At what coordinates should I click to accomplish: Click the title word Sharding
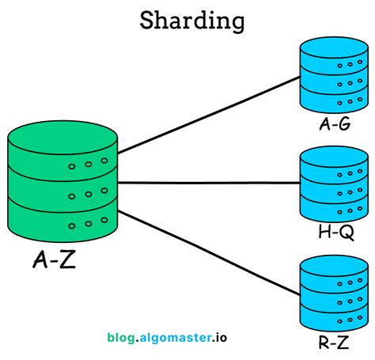click(191, 21)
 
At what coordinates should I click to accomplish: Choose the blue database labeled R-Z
click(330, 293)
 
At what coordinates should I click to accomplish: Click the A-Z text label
click(55, 259)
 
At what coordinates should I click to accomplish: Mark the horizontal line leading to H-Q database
click(209, 183)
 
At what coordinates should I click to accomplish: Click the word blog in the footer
click(123, 337)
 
